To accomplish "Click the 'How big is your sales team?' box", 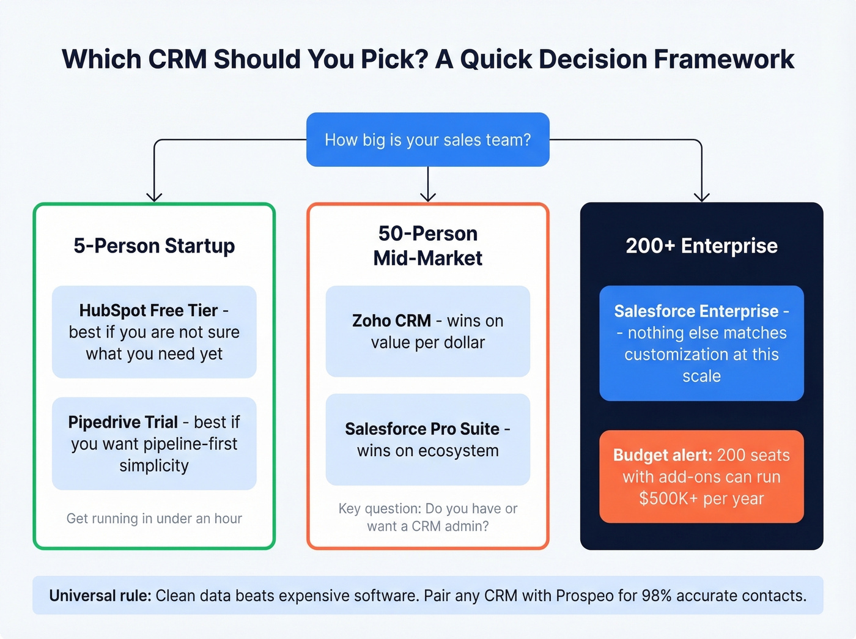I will (x=427, y=139).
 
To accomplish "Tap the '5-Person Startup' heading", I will (x=154, y=246).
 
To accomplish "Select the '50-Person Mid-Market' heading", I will (x=427, y=246).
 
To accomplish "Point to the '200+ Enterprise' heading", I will (x=701, y=246).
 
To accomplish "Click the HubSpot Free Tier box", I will (x=154, y=332).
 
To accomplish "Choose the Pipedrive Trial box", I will (x=154, y=443).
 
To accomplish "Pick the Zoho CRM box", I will (x=427, y=331).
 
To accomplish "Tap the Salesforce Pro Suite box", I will (x=427, y=440).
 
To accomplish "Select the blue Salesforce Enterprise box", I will (x=701, y=343).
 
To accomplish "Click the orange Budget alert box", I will (x=701, y=476).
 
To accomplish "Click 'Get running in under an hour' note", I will (x=154, y=519).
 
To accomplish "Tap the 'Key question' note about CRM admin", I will (x=427, y=517).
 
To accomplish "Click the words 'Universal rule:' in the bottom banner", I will (x=100, y=596).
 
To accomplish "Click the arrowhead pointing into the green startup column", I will (x=154, y=197).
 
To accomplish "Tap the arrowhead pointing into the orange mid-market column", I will (x=428, y=197).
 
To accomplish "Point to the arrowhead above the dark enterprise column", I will (x=701, y=197).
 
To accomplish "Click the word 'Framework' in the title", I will (x=724, y=59).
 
